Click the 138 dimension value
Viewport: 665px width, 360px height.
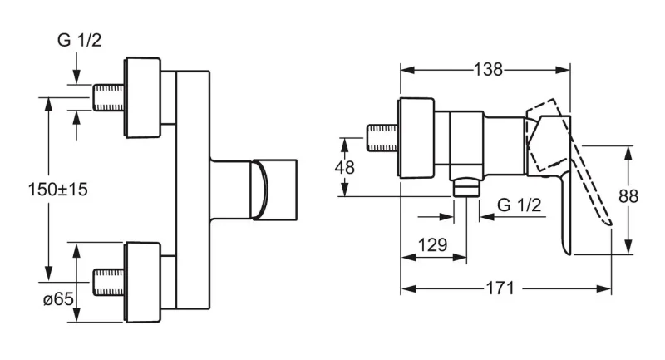coord(488,69)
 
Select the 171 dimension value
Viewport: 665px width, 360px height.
coord(500,288)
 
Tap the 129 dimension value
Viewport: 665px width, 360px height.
coord(432,244)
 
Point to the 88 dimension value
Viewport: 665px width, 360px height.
coord(628,196)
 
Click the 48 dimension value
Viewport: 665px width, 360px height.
coord(344,167)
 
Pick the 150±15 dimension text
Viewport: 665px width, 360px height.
coord(57,189)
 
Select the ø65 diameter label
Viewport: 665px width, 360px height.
coord(58,299)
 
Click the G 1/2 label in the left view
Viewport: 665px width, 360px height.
coord(79,40)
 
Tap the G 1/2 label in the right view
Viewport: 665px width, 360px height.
coord(519,205)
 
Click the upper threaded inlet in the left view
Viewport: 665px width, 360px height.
coord(109,97)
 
